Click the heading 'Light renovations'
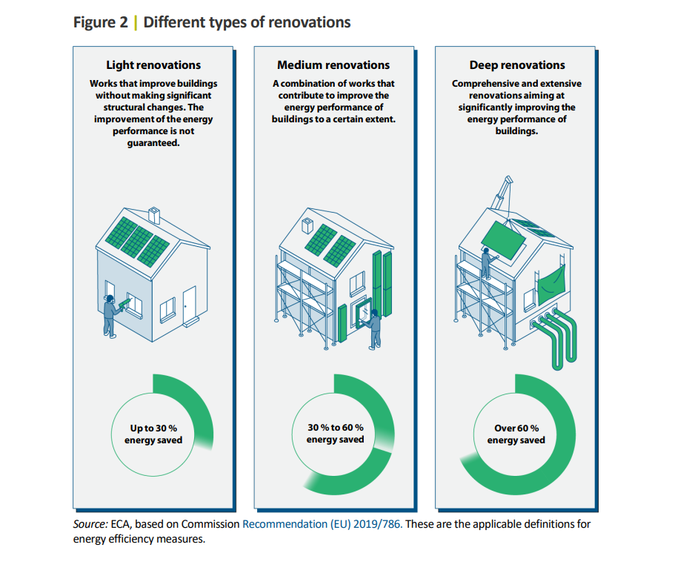tap(153, 65)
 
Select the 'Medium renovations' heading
tap(333, 65)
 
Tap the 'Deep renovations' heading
tap(517, 65)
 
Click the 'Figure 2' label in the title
tap(101, 22)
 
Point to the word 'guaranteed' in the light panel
tap(153, 143)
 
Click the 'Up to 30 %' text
tap(153, 428)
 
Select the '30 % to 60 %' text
tap(336, 428)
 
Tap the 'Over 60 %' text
tap(517, 428)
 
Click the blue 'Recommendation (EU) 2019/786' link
tap(322, 524)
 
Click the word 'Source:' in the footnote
tap(90, 524)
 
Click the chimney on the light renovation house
tap(154, 215)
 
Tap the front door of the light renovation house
tap(190, 305)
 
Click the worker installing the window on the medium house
tap(374, 329)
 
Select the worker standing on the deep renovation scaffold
tap(487, 263)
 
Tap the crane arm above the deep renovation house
tap(502, 192)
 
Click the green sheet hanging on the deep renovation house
tap(551, 285)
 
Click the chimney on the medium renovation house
tap(307, 226)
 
